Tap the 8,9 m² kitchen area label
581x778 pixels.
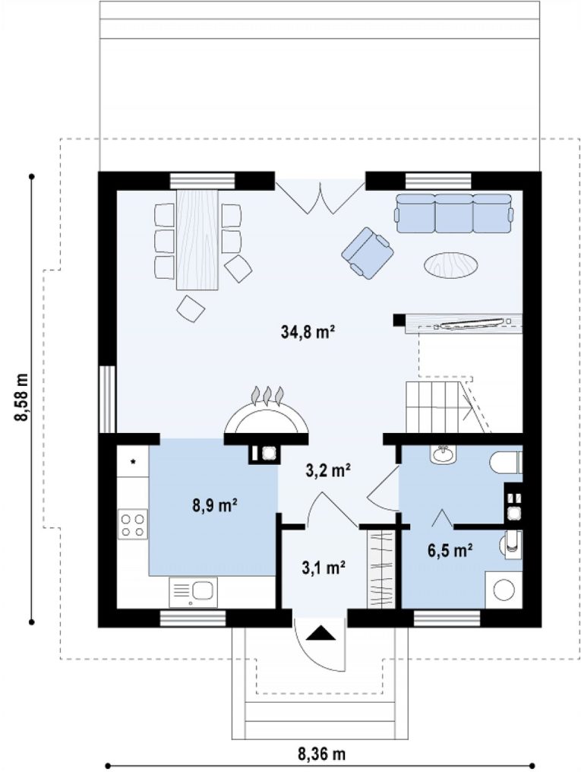(x=214, y=505)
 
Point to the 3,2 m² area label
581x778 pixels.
(x=328, y=470)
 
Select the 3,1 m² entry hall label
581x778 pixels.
(x=324, y=567)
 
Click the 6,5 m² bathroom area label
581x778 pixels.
(x=450, y=550)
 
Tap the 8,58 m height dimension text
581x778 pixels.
(x=21, y=397)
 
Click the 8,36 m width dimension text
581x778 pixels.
(x=321, y=754)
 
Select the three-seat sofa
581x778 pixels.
(x=454, y=213)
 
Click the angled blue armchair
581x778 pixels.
(x=368, y=253)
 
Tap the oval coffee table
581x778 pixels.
(x=451, y=265)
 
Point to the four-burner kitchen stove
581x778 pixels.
(x=133, y=524)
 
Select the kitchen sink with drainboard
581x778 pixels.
(x=193, y=592)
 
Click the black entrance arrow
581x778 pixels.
(x=320, y=634)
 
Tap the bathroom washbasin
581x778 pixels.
(x=443, y=454)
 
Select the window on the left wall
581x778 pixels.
(x=107, y=400)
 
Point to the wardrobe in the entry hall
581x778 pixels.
(x=380, y=569)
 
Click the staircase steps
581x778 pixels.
(x=439, y=407)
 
